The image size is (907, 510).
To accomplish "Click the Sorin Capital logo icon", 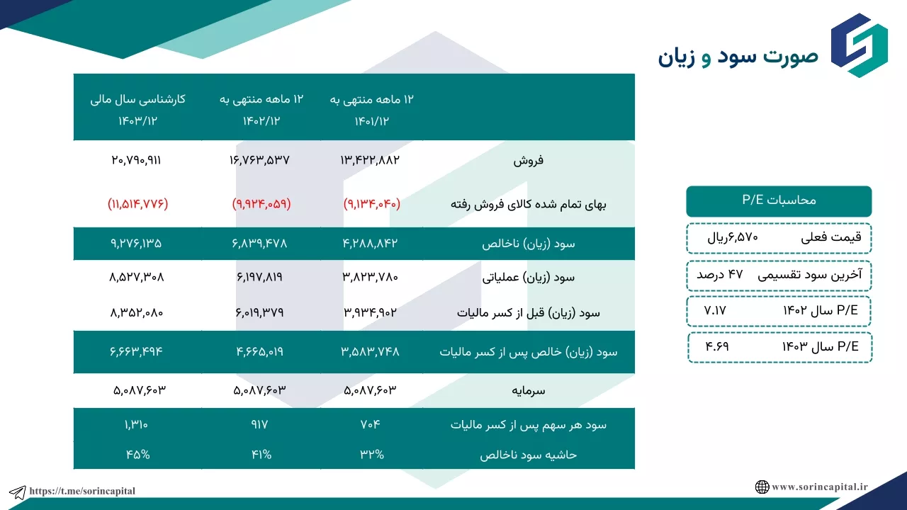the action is click(x=860, y=45).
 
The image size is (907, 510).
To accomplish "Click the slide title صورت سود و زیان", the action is click(x=738, y=57).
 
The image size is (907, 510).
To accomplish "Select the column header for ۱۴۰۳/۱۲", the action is click(x=137, y=120).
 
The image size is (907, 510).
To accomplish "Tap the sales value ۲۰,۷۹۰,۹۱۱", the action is click(x=136, y=160).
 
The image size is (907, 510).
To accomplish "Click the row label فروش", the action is click(x=529, y=161).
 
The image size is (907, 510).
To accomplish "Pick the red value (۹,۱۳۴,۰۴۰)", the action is click(x=372, y=203).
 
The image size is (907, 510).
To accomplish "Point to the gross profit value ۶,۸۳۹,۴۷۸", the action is click(x=259, y=243).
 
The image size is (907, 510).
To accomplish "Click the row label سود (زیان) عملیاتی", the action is click(x=529, y=277).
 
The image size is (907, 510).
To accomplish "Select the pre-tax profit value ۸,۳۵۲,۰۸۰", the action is click(x=137, y=312).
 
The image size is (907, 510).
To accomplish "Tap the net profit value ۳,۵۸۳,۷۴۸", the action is click(x=370, y=351).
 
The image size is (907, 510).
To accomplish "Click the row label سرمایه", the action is click(x=529, y=390).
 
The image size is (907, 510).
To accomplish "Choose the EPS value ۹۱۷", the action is click(x=259, y=424).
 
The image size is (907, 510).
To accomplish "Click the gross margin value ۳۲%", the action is click(x=372, y=455).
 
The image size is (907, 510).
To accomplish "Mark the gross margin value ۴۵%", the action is click(x=137, y=455).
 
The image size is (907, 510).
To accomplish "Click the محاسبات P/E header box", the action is click(x=779, y=201).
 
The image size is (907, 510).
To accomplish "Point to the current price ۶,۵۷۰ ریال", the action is click(x=733, y=237).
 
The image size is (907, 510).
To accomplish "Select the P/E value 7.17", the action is click(x=715, y=310).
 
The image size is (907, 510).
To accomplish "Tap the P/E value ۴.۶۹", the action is click(x=716, y=346).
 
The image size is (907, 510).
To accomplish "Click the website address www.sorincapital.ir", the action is click(x=820, y=487).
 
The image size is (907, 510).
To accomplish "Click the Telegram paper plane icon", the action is click(x=18, y=492).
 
